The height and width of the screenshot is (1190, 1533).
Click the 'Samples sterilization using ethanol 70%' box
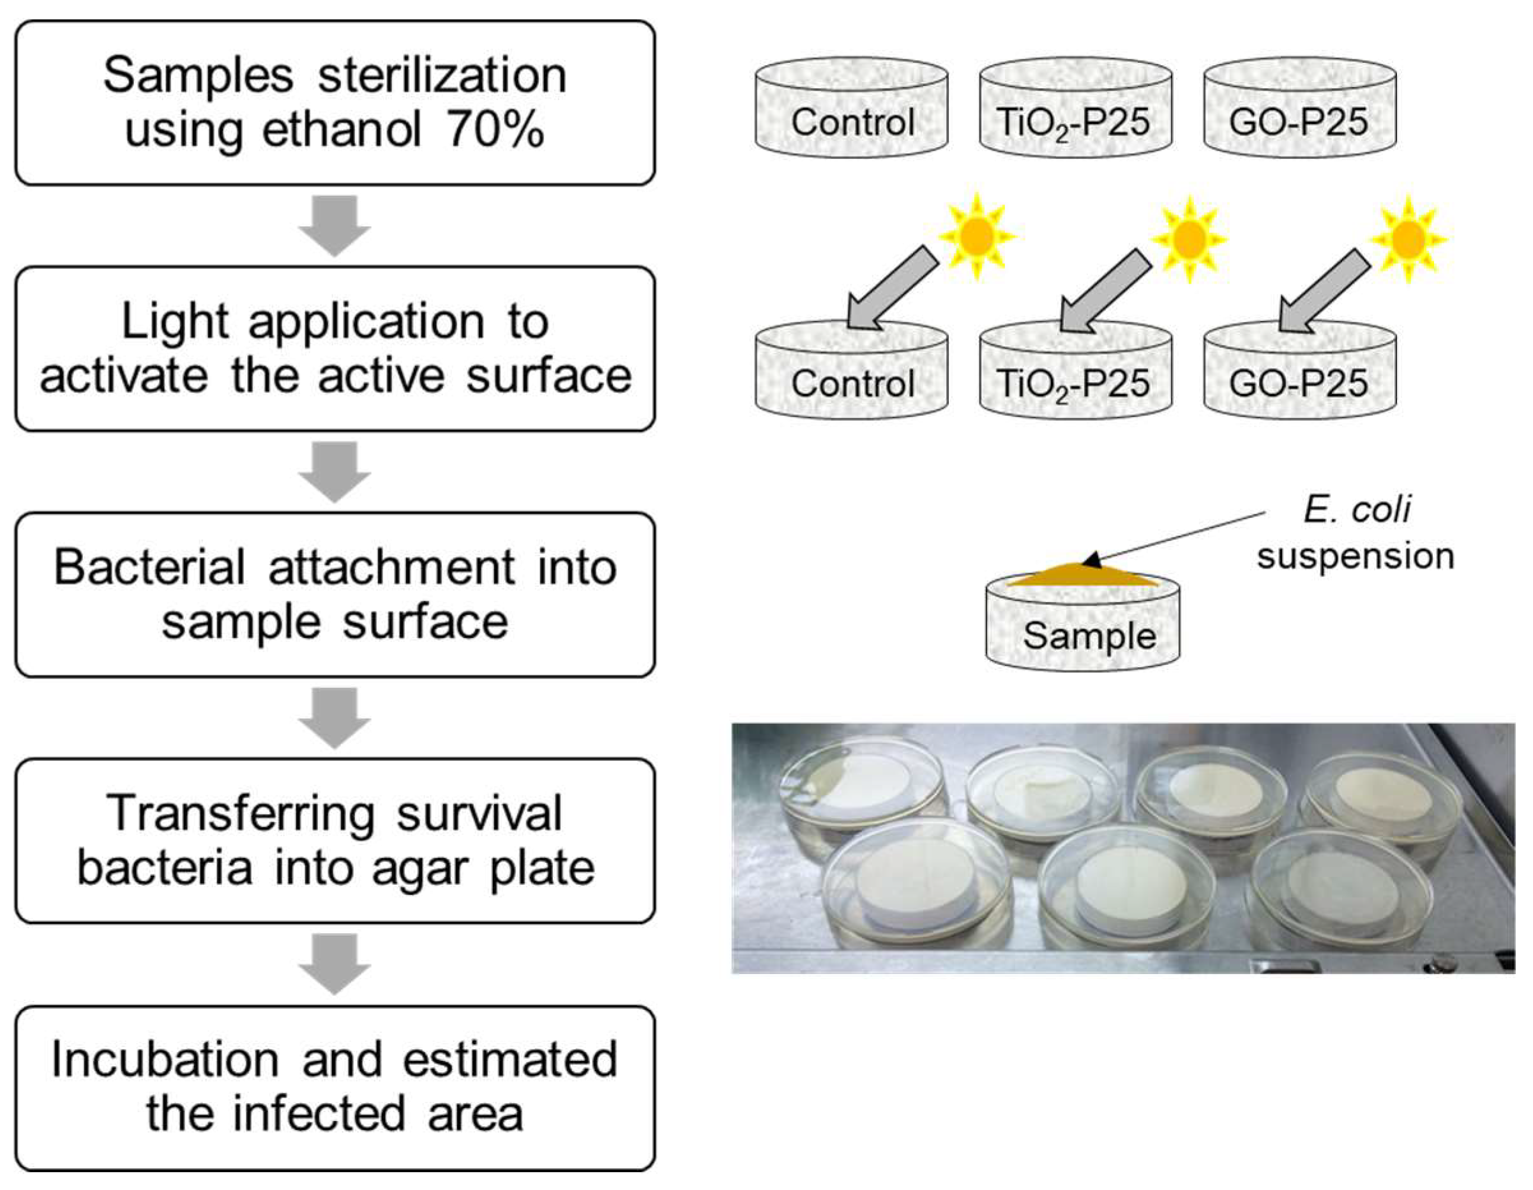335,102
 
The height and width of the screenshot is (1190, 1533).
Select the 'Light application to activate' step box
335,348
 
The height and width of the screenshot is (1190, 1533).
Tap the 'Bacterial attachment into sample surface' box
335,594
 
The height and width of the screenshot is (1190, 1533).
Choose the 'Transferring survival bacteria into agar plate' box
335,841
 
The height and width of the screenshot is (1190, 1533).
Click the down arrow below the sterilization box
335,225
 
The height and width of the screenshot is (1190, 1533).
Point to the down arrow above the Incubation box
335,963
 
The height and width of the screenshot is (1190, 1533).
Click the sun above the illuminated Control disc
977,236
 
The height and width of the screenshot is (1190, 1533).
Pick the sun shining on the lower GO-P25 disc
1408,240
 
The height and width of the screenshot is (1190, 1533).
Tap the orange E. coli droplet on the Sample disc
1082,575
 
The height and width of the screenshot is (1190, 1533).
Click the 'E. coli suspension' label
1356,533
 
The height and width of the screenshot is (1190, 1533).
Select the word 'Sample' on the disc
1089,636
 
